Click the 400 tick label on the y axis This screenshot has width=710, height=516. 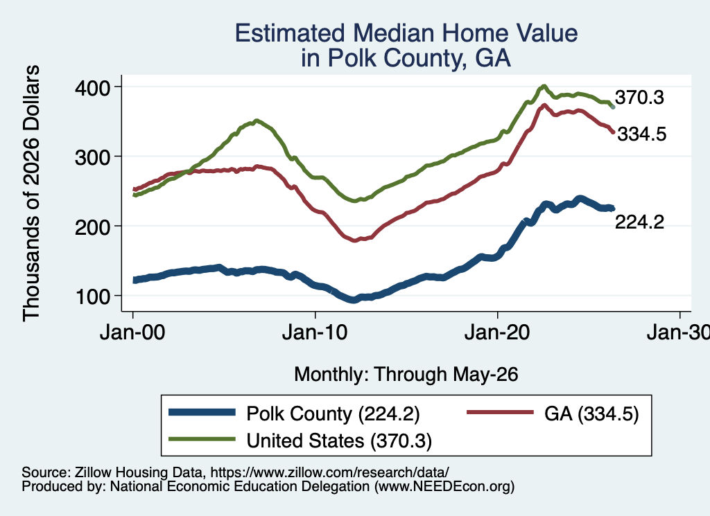(x=93, y=88)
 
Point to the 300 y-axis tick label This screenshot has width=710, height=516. (x=93, y=157)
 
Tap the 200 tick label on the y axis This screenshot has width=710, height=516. (x=93, y=227)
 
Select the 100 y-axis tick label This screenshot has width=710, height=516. (x=93, y=296)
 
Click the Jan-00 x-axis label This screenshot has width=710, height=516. (x=132, y=333)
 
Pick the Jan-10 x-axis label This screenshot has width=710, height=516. (x=315, y=333)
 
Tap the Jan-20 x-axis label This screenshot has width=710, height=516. (x=497, y=333)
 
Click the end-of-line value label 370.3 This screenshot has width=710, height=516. (x=639, y=97)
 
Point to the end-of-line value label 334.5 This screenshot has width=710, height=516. (x=642, y=134)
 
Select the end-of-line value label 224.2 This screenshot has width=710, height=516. (x=639, y=222)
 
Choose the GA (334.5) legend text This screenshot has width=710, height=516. (x=591, y=413)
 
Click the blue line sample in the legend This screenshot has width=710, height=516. (x=202, y=412)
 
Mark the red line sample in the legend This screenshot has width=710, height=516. (x=500, y=412)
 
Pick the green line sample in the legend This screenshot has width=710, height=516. (x=202, y=438)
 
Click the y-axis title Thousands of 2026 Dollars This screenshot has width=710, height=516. (x=31, y=193)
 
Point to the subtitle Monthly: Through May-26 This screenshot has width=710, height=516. (x=406, y=375)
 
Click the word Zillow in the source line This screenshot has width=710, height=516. (x=92, y=472)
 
